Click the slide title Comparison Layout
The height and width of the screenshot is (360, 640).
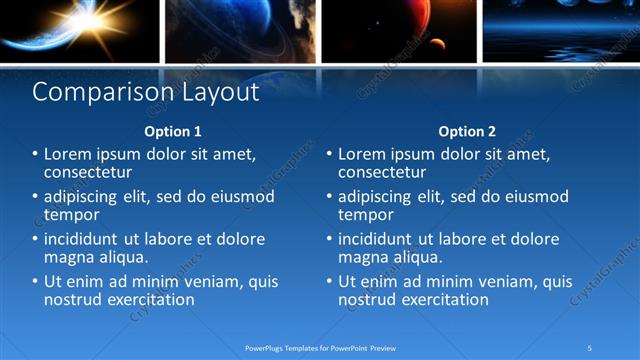pyautogui.click(x=146, y=93)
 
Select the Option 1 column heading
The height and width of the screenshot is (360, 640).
pyautogui.click(x=173, y=131)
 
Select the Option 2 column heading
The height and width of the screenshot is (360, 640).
pyautogui.click(x=467, y=131)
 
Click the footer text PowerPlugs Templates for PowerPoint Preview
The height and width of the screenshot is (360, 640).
pyautogui.click(x=320, y=347)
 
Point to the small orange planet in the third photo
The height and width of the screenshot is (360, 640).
pyautogui.click(x=436, y=43)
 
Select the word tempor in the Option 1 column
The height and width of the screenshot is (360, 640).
pyautogui.click(x=72, y=214)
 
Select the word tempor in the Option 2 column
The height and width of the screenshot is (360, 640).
pyautogui.click(x=366, y=214)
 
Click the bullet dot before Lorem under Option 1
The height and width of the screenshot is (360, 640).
pyautogui.click(x=35, y=155)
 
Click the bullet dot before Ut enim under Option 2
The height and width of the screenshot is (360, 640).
pyautogui.click(x=329, y=283)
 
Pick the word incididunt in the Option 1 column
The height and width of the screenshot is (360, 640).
pyautogui.click(x=85, y=240)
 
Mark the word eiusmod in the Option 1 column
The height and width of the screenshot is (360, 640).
pyautogui.click(x=239, y=197)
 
